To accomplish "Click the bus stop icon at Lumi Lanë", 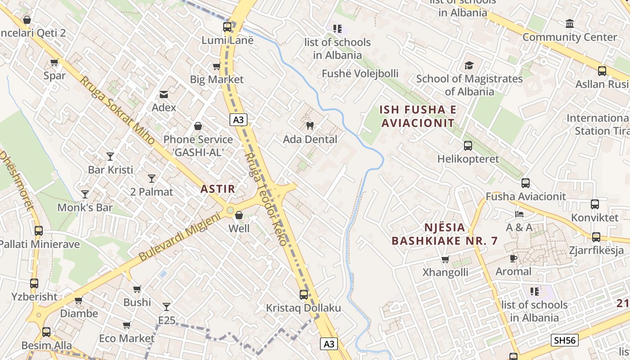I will (227, 27).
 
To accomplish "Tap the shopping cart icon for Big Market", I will (216, 67).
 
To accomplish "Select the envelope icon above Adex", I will (164, 94).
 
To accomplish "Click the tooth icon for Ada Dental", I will (310, 126).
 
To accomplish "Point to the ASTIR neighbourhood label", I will (218, 189).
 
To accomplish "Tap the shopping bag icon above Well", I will (239, 215).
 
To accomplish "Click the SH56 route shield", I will (565, 340).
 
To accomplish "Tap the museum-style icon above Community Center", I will (570, 23).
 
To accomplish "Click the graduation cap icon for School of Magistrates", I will (469, 66).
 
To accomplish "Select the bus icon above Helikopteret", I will (468, 146).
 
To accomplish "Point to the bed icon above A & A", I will (519, 214).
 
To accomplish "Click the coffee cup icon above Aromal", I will (513, 258).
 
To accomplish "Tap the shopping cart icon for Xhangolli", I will (445, 259).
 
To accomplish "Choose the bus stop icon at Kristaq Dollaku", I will (304, 295).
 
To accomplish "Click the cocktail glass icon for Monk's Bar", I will (85, 194).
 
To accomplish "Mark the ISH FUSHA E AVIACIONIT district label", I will (418, 116).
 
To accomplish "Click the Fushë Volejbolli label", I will (360, 74).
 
